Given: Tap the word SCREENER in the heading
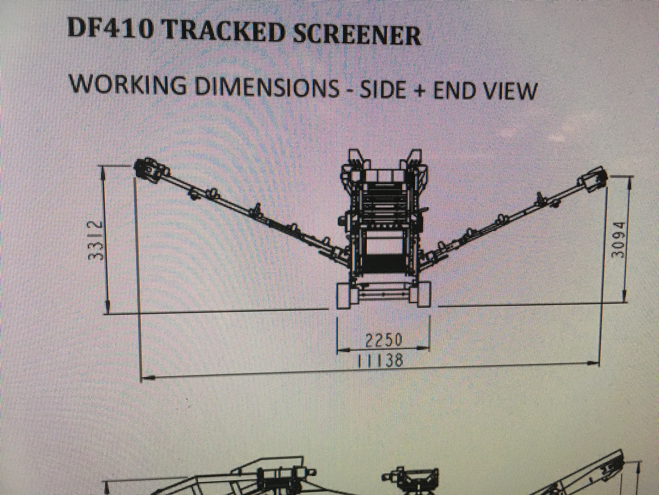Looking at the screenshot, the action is pos(357,33).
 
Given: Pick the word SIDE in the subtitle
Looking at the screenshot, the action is pos(382,88).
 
